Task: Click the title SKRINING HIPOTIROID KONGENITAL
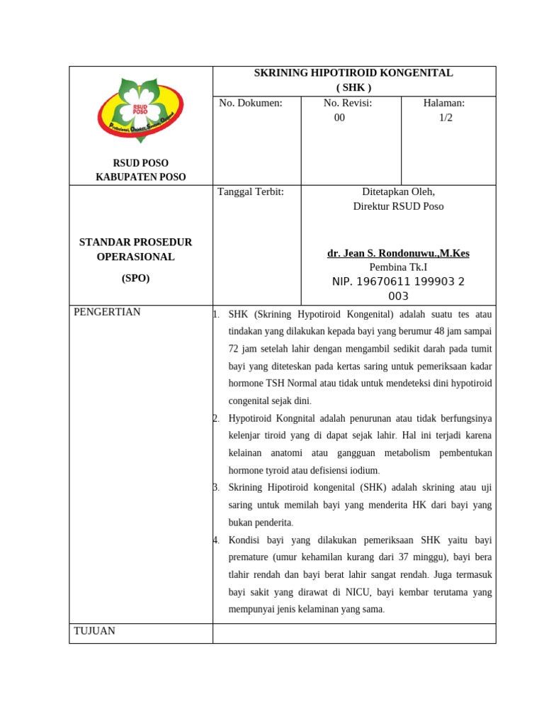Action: point(353,73)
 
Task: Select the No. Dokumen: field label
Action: point(251,103)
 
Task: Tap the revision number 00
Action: point(340,118)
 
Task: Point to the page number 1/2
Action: point(446,118)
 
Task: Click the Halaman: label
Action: point(444,103)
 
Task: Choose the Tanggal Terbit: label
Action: point(251,191)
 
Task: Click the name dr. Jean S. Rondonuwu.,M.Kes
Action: point(398,253)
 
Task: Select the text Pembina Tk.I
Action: point(398,267)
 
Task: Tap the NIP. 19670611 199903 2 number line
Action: point(398,282)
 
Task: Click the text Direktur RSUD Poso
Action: point(398,206)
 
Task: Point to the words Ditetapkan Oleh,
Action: point(398,191)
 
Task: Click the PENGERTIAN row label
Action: point(107,312)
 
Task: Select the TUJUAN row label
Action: point(95,631)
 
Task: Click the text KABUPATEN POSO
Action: point(140,177)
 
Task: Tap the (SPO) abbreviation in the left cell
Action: point(135,279)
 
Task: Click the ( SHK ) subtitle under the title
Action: point(353,88)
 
